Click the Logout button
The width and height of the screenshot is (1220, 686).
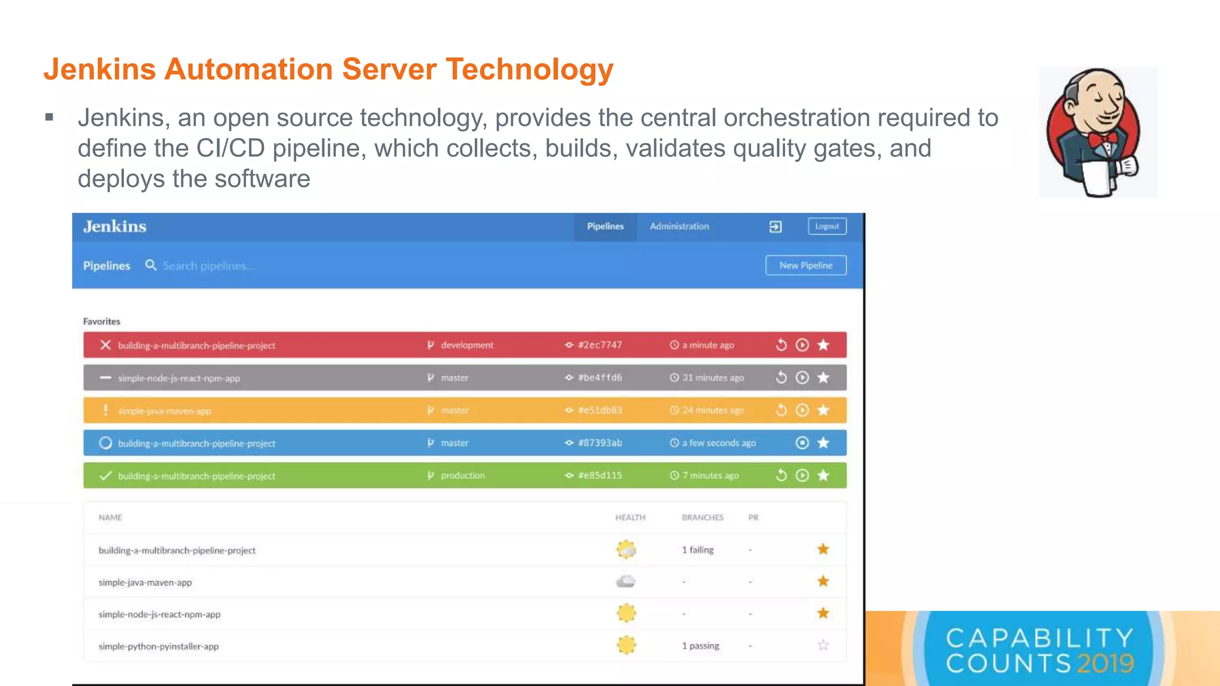(x=827, y=226)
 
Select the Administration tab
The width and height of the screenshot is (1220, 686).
(x=679, y=226)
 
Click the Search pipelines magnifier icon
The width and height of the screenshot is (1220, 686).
(x=151, y=265)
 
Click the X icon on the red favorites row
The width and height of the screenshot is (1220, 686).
(x=105, y=345)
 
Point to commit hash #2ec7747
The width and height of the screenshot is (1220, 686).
(x=599, y=345)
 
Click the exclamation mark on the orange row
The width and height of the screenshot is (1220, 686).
(x=105, y=410)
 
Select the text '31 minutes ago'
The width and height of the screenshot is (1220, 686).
(x=712, y=378)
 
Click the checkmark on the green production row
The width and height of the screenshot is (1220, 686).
(x=105, y=476)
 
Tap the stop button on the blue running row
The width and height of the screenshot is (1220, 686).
(x=802, y=443)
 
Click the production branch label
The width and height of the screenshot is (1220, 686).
(x=462, y=476)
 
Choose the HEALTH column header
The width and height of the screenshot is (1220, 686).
(x=630, y=517)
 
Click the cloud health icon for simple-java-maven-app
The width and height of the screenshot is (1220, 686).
(x=626, y=581)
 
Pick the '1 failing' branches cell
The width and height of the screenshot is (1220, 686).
(x=698, y=550)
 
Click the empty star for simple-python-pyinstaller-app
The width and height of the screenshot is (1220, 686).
(x=823, y=646)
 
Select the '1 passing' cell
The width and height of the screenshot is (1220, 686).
(x=701, y=646)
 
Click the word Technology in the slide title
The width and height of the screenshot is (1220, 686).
(x=530, y=69)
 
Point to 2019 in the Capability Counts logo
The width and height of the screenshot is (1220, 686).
(x=1105, y=663)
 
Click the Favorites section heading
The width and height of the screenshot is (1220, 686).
(x=102, y=322)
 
